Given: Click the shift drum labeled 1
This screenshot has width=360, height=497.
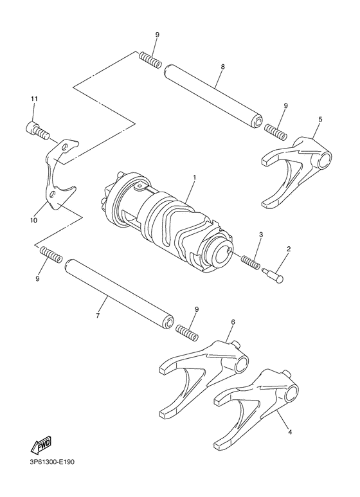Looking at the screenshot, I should click(x=167, y=215).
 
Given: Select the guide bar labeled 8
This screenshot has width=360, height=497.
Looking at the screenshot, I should click(x=212, y=94).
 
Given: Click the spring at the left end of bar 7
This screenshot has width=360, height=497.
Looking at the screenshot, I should click(x=51, y=254).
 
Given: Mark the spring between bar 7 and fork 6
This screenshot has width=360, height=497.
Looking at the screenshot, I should click(x=185, y=332).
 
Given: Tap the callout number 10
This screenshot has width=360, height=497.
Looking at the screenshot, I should click(x=33, y=220).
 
